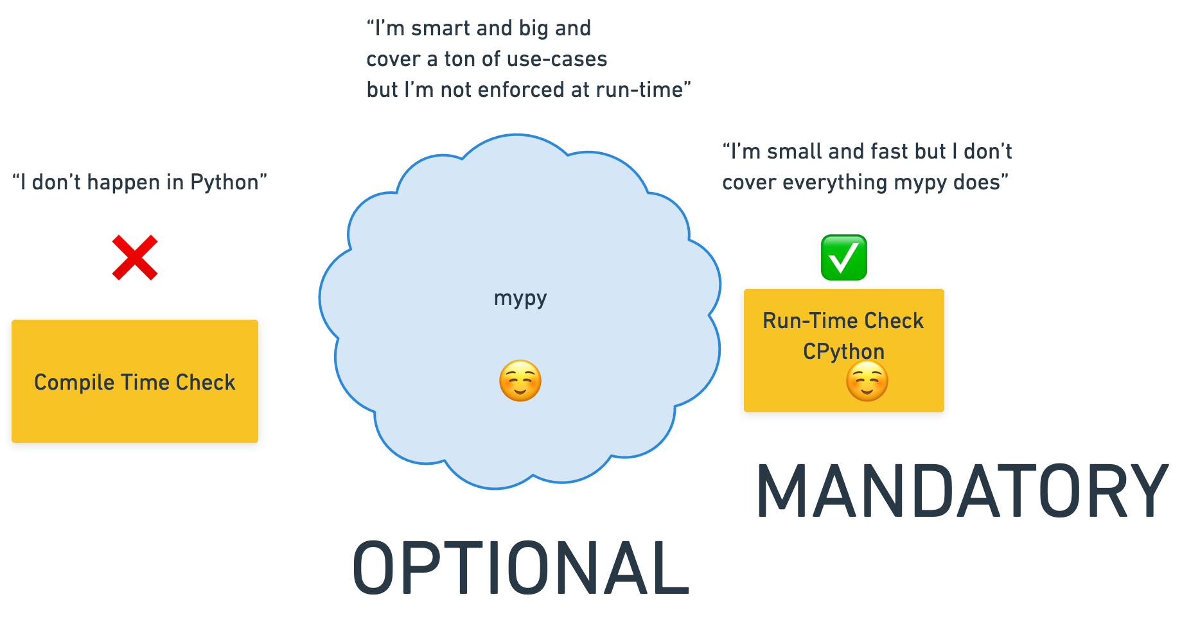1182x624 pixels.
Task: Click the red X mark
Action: coord(135,257)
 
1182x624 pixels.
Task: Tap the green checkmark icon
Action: coord(844,257)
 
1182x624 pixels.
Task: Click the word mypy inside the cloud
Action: coord(520,299)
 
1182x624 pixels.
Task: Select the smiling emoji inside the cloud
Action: coord(520,381)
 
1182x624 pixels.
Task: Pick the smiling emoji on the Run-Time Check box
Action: coord(867,381)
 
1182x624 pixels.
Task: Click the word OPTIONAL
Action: coord(520,568)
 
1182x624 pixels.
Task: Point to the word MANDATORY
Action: coord(962,491)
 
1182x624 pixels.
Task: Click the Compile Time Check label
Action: coord(135,383)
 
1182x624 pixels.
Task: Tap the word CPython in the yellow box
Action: coord(843,352)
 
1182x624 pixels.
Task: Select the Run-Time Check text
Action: coord(843,321)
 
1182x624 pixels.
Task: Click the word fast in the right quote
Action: coord(887,152)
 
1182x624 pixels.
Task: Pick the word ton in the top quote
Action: coord(460,60)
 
